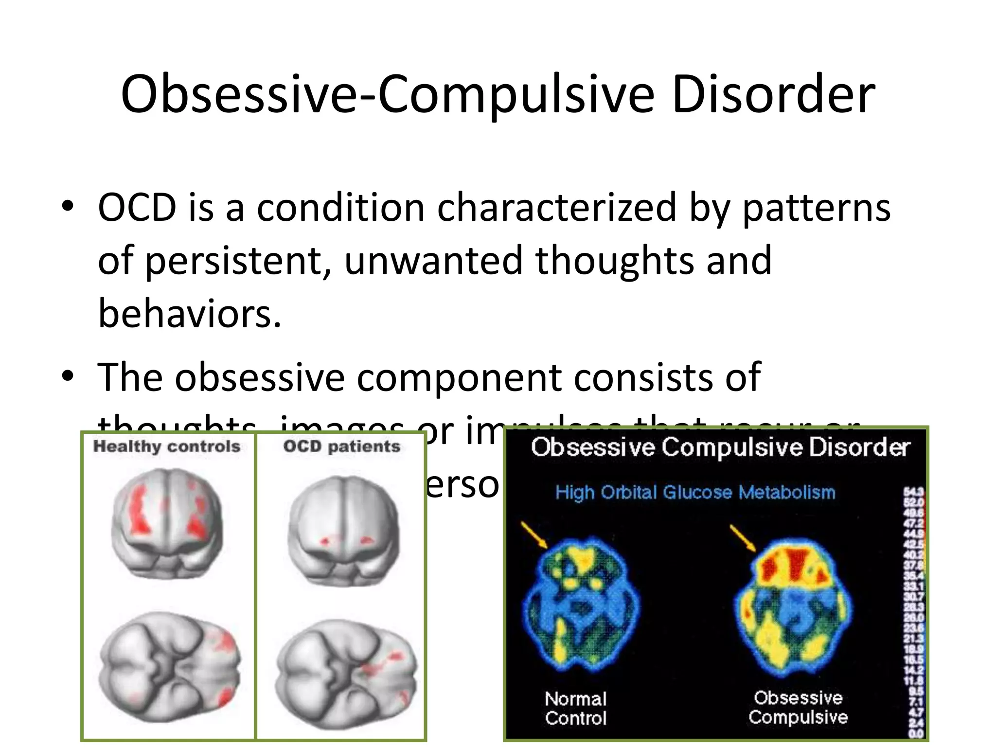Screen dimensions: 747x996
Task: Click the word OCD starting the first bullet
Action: pos(137,208)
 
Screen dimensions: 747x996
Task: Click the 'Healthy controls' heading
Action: pos(167,446)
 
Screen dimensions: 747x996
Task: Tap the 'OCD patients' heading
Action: pos(342,446)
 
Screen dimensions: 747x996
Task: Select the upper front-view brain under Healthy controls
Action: pos(167,523)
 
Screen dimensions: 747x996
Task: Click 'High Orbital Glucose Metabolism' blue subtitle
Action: pos(695,492)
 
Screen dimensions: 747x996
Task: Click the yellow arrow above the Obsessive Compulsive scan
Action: pos(743,538)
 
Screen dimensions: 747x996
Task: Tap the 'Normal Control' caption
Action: pos(576,708)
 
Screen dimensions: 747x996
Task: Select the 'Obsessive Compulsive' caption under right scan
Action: pos(798,707)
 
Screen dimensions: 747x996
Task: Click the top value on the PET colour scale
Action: pos(917,492)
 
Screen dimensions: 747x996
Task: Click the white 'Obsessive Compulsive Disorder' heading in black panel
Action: pos(720,447)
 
